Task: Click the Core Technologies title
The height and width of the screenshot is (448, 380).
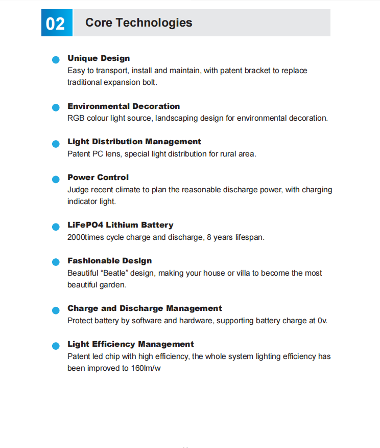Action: [x=138, y=23]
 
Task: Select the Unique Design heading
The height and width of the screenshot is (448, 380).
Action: [x=99, y=58]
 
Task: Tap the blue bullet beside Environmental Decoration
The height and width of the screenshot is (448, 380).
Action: [x=56, y=108]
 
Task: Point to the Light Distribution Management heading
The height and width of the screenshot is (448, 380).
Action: [x=134, y=142]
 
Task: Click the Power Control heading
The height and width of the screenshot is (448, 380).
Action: [x=98, y=177]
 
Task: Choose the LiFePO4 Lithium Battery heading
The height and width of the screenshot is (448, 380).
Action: [x=121, y=225]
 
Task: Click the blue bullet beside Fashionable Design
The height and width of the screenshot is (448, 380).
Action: [x=56, y=262]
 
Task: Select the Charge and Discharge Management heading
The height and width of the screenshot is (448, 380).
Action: [x=145, y=308]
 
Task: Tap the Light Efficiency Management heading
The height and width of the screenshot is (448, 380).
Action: [x=131, y=344]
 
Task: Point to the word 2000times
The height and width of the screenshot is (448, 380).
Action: [x=86, y=237]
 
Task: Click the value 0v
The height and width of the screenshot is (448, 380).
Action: [x=322, y=321]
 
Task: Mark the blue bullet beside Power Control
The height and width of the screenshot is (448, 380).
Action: [x=56, y=180]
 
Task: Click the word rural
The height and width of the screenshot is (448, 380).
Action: [x=228, y=154]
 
